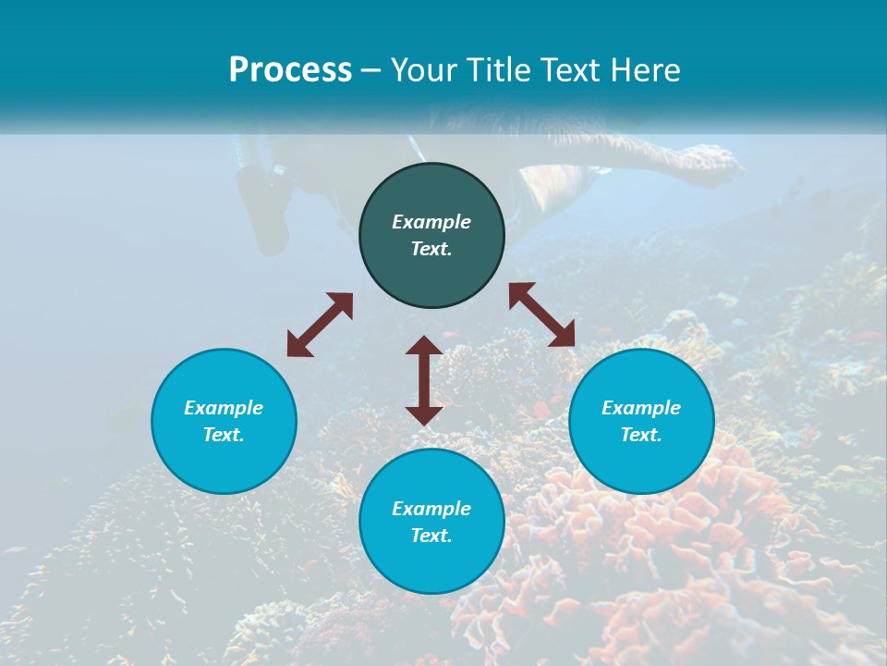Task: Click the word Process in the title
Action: tap(290, 70)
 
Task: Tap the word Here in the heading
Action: tap(642, 70)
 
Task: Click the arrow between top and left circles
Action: tap(320, 325)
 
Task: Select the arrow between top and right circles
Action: tap(542, 314)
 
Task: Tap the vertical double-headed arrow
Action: tap(424, 380)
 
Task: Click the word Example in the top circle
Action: tap(431, 222)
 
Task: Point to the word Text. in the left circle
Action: tap(224, 435)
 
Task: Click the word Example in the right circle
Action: tap(641, 408)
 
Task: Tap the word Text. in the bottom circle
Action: tap(431, 536)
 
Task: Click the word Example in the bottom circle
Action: tap(431, 509)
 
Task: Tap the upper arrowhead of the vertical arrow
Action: tap(424, 346)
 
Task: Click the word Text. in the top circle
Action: tap(431, 249)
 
